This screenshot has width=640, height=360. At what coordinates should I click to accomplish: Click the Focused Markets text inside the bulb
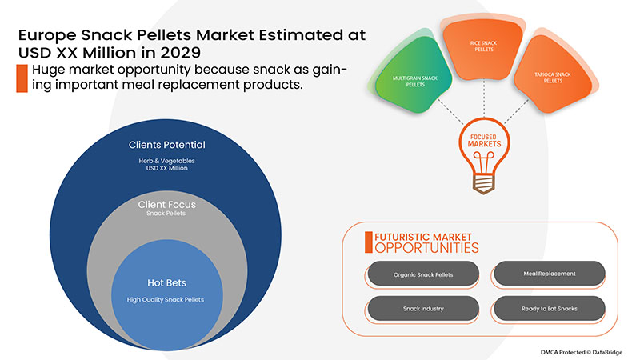tap(484, 141)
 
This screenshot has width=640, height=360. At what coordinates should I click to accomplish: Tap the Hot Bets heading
tap(166, 282)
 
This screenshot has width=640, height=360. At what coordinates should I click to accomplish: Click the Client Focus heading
tap(166, 204)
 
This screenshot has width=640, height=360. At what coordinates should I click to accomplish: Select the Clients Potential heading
tap(166, 145)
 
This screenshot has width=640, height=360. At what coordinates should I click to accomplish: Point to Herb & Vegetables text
tap(166, 161)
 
